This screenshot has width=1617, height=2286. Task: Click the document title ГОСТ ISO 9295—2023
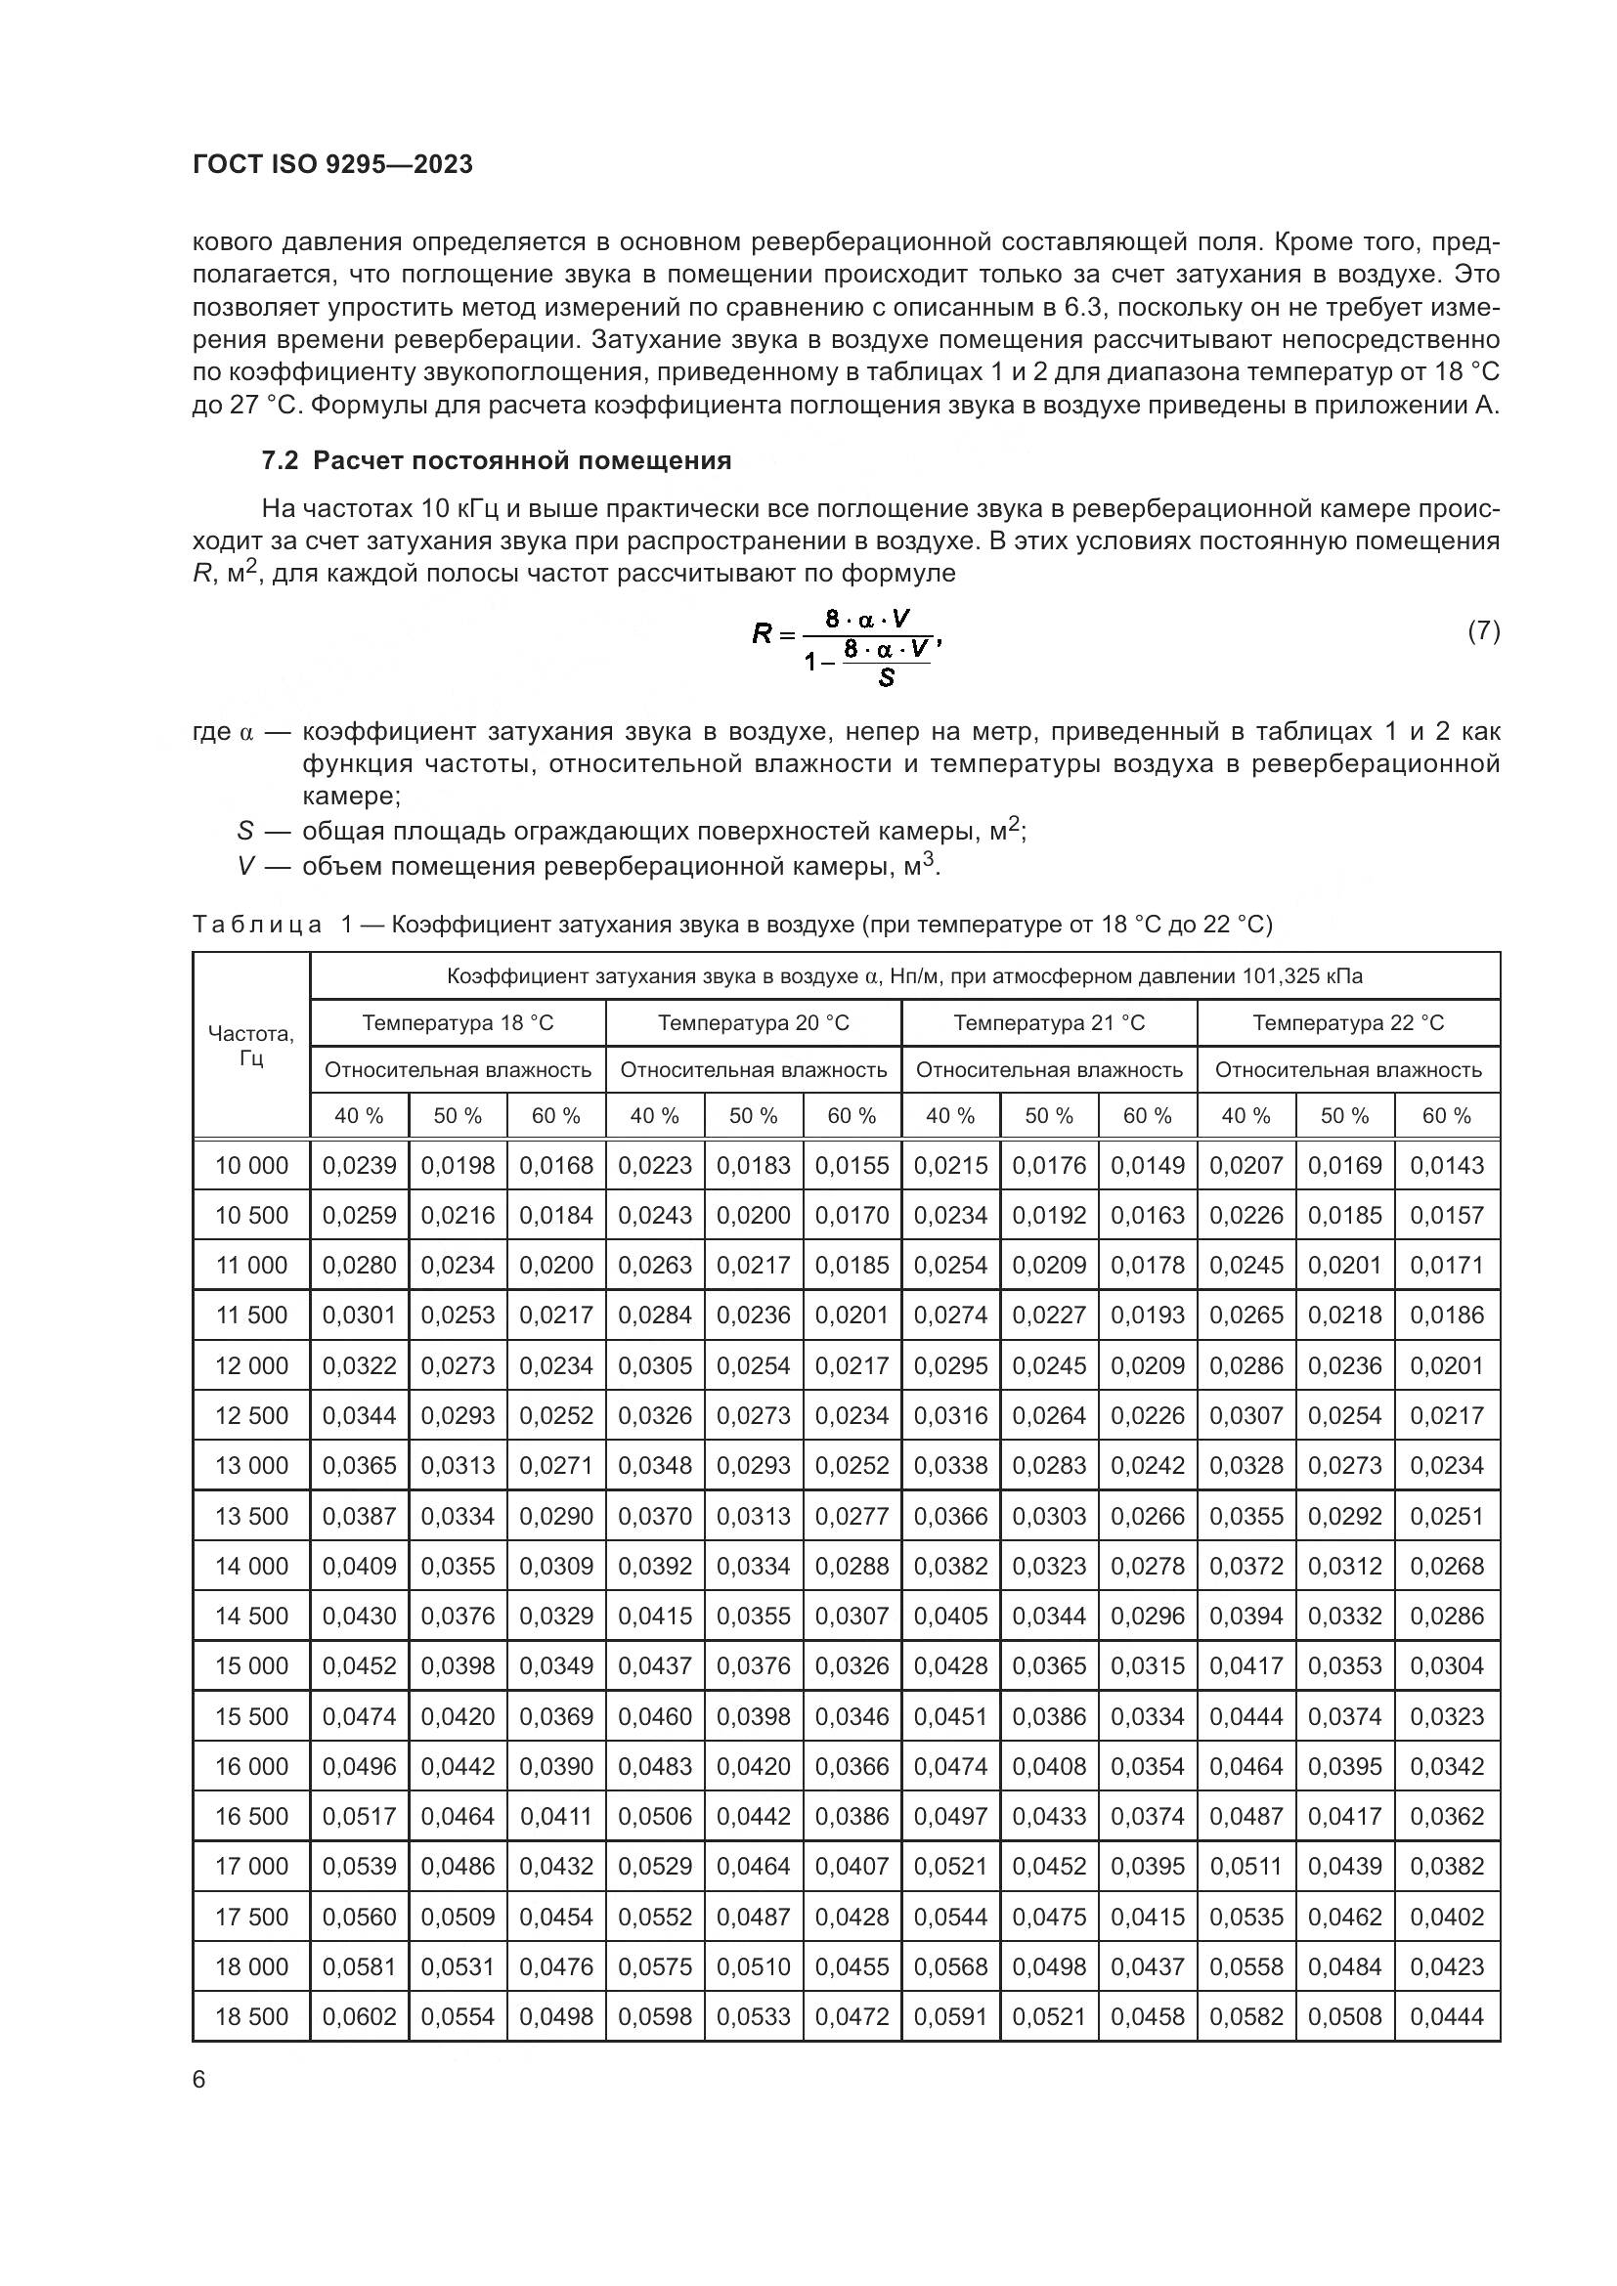pos(332,164)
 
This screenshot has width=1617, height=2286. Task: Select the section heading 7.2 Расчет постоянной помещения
pos(496,461)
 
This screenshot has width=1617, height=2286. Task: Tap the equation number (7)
pos(1484,630)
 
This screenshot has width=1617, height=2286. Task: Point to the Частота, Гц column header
pos(251,1045)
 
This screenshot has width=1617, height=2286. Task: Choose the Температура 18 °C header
pos(457,1022)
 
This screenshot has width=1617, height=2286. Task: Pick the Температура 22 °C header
pos(1347,1022)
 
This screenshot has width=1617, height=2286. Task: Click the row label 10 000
pos(251,1165)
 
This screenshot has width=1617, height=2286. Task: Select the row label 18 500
pos(251,2016)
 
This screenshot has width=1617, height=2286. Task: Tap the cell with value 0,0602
pos(359,2016)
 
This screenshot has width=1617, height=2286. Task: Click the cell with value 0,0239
pos(359,1165)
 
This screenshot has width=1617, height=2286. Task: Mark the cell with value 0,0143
pos(1446,1165)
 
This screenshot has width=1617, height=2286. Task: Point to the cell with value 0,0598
pos(654,2016)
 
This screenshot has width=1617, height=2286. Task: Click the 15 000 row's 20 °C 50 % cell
pos(753,1665)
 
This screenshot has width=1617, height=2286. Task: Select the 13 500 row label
pos(251,1516)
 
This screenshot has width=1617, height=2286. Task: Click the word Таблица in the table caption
pos(257,925)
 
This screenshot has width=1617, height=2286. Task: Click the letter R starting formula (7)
pos(762,632)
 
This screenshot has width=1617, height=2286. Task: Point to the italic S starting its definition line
pos(245,831)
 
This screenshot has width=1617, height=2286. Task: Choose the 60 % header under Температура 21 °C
pos(1147,1116)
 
